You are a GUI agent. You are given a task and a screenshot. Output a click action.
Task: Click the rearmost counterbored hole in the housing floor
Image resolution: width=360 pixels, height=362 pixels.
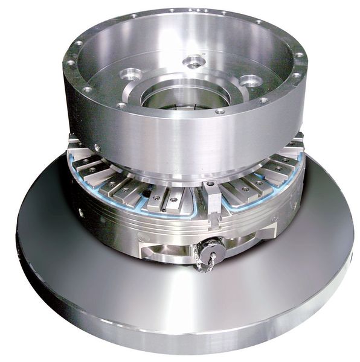pos(194,61)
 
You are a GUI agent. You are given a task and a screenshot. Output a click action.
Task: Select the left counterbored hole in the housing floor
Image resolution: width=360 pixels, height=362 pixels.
pos(130,75)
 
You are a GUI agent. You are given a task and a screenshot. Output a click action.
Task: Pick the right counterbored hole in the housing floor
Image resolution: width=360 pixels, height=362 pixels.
pos(250,80)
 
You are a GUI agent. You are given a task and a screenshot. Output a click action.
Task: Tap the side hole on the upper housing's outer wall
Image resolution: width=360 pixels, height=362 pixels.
pos(97,147)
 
